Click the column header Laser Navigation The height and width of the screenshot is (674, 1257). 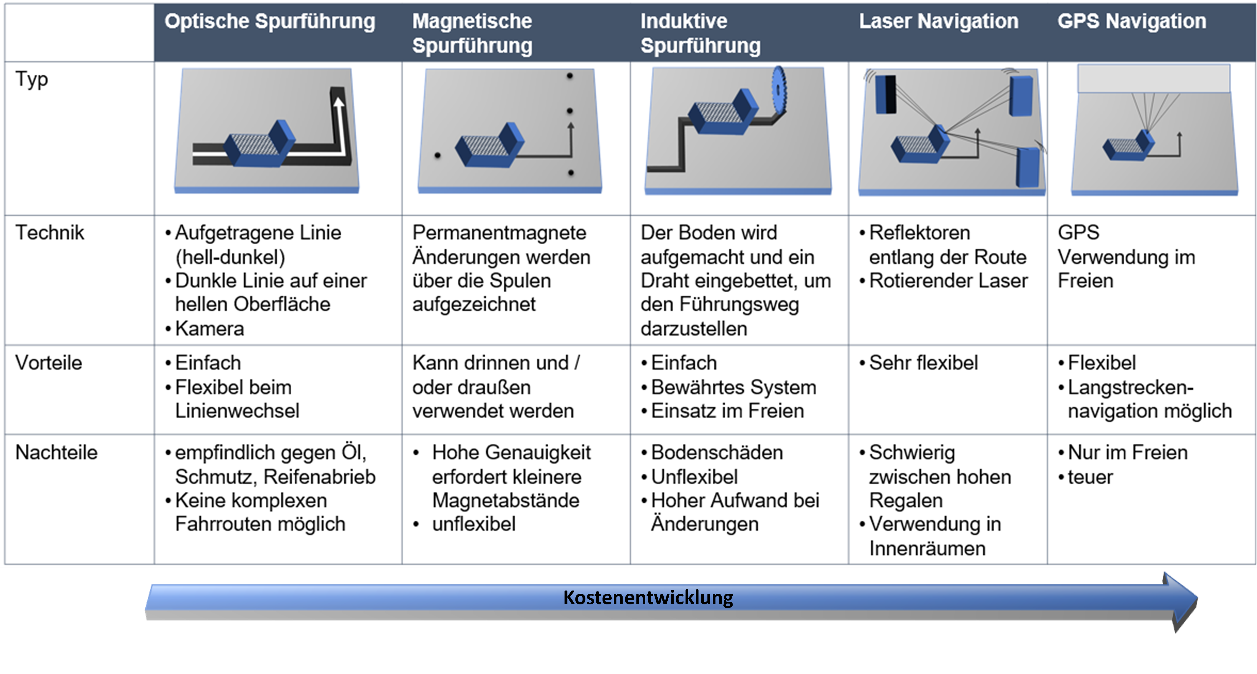pos(938,22)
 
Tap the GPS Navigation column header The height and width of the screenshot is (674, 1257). pos(1132,22)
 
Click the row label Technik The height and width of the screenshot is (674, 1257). pos(50,232)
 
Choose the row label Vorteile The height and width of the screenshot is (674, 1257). pos(49,363)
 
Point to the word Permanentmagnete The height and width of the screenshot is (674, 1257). pos(499,232)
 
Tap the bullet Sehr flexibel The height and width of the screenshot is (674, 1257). pos(923,363)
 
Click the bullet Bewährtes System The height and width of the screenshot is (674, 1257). pos(733,387)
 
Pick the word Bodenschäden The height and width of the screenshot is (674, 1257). pos(717,452)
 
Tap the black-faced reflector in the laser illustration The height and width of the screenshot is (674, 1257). pos(886,94)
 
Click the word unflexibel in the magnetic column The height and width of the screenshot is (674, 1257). pos(474,524)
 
